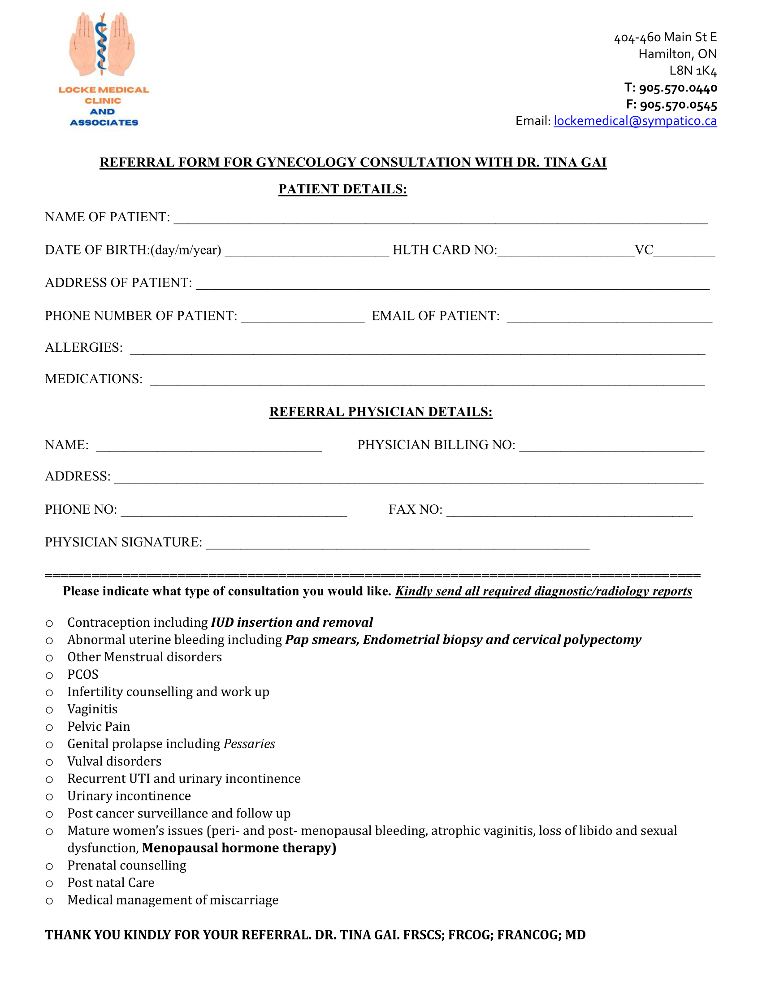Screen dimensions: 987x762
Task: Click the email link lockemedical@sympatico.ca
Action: [x=635, y=121]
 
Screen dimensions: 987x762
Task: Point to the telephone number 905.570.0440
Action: [x=678, y=87]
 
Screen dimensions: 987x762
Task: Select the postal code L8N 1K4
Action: [x=693, y=71]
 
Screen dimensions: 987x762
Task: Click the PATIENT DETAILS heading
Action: [x=342, y=189]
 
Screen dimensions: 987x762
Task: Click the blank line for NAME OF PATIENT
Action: [x=441, y=219]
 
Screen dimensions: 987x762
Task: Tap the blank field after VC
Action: [x=684, y=252]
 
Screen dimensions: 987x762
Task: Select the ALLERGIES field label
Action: [x=84, y=348]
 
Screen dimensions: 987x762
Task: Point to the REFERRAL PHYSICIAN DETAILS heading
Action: [x=381, y=412]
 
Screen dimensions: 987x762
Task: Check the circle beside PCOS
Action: [x=49, y=676]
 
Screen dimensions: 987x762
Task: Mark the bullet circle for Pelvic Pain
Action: [x=49, y=728]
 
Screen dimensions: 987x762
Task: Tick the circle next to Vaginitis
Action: [x=49, y=711]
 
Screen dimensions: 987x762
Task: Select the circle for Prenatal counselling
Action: [x=49, y=866]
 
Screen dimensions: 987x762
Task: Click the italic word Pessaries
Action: [x=249, y=744]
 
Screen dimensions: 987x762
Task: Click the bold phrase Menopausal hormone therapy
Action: [x=239, y=848]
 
